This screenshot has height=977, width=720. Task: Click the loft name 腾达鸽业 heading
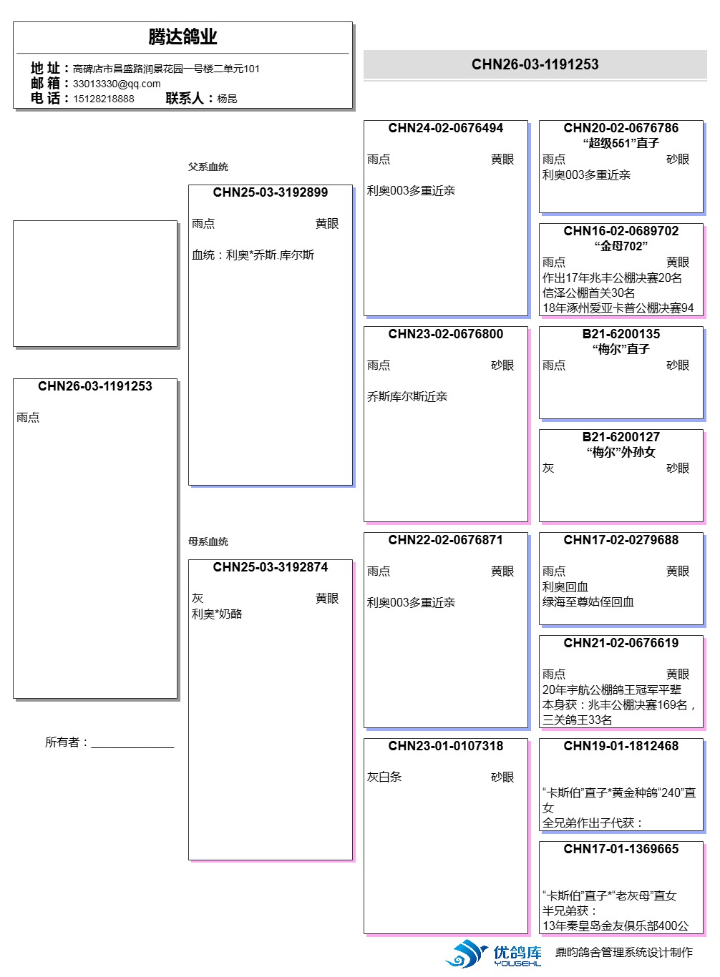[183, 36]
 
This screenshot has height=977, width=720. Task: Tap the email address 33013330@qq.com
[117, 84]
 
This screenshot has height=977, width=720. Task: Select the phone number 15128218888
[103, 99]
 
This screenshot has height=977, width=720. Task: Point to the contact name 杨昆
[227, 99]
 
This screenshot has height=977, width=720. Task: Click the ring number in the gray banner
[535, 64]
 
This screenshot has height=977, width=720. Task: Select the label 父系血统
[208, 167]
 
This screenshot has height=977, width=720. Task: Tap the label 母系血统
[208, 541]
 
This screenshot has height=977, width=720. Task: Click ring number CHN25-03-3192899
[270, 192]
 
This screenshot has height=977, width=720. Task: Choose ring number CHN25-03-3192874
[270, 567]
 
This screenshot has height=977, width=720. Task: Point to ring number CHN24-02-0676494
[446, 128]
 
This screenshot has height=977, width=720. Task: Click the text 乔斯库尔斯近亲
[407, 396]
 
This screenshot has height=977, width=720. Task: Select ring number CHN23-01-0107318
[446, 746]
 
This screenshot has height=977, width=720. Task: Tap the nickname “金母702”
[621, 247]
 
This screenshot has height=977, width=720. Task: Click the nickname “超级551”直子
[621, 144]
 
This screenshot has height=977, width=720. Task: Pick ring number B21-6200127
[621, 437]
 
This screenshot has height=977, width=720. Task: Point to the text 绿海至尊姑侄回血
[588, 602]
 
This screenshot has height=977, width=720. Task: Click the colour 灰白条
[384, 777]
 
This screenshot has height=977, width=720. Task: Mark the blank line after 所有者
[132, 747]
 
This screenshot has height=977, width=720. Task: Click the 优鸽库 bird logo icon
[465, 953]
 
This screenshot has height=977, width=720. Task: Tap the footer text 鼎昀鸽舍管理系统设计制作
[624, 952]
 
